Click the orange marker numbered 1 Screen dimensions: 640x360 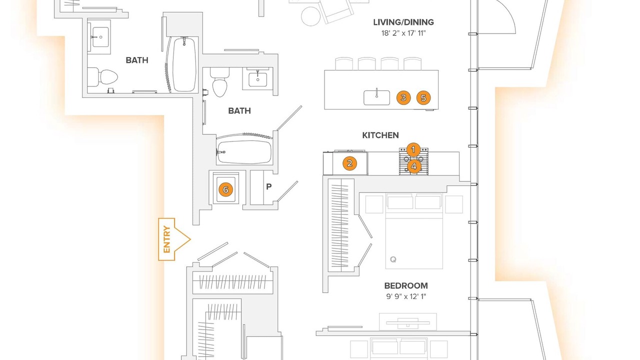coord(413,149)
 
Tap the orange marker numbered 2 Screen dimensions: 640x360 coord(349,163)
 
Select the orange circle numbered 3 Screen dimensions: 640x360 coord(403,97)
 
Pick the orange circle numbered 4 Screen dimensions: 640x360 coord(413,166)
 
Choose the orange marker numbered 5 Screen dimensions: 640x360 coord(423,97)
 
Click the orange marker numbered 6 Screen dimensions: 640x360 coord(225,189)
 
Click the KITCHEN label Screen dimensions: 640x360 coord(380,135)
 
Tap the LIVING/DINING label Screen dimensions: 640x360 coord(403,22)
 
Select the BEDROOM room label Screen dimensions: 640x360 coord(406,285)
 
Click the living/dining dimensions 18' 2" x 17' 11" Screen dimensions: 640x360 coord(403,33)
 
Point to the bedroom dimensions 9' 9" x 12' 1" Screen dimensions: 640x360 coord(406,296)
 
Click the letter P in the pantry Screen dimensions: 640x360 coord(268,186)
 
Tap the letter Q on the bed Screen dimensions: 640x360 coord(393,259)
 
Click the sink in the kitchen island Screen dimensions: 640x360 coord(376,97)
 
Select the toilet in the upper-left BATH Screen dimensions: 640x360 coord(103,77)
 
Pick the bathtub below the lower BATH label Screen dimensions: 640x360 coord(244,152)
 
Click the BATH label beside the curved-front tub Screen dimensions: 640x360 coord(137,60)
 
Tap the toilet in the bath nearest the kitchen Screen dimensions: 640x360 coord(219,82)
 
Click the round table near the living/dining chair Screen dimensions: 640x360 coord(311,16)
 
